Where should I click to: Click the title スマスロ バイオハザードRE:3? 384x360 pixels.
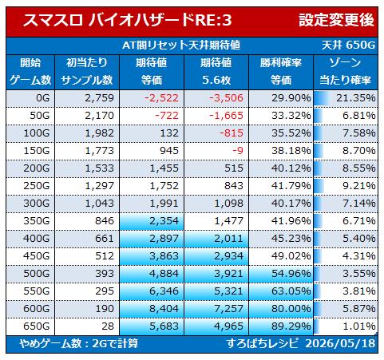(127, 20)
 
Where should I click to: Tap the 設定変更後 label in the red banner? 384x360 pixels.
(336, 20)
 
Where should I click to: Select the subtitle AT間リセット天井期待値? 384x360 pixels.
(181, 45)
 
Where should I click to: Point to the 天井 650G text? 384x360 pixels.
(348, 45)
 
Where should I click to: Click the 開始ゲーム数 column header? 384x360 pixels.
(30, 71)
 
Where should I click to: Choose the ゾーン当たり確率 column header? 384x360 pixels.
(345, 71)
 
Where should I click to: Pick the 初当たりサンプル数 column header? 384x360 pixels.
(87, 71)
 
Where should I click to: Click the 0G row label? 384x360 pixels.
(43, 98)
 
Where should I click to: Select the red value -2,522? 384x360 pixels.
(161, 98)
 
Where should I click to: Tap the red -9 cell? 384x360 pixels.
(238, 151)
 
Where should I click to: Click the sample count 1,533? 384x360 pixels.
(99, 168)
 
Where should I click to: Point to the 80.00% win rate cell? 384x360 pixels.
(291, 309)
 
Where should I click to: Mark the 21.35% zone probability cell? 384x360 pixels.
(356, 98)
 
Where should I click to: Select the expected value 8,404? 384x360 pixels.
(164, 309)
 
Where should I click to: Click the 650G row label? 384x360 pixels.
(37, 326)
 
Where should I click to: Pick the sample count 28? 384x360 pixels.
(108, 326)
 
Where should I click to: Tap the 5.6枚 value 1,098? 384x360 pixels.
(228, 204)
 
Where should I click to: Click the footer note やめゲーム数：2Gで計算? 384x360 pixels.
(79, 343)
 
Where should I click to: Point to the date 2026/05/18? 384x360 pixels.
(340, 343)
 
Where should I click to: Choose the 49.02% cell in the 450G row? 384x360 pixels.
(291, 256)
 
